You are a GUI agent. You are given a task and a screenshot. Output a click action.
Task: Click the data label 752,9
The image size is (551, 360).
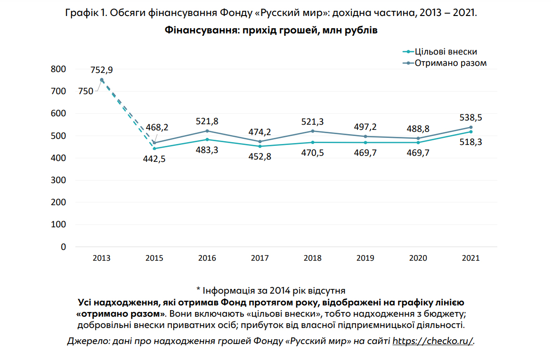102,70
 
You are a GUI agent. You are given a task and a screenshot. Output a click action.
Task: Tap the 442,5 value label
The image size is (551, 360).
154,159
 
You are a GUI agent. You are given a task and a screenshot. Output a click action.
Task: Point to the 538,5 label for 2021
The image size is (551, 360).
471,118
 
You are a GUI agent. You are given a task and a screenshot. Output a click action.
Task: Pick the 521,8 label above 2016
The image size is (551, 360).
207,121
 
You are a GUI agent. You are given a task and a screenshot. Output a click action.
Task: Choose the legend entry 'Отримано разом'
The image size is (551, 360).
450,63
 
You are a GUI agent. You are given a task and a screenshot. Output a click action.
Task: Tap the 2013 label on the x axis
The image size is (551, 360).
102,258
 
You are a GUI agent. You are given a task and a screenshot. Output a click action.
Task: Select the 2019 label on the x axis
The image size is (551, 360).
365,258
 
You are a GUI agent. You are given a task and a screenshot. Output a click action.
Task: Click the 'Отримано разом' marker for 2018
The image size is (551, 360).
313,131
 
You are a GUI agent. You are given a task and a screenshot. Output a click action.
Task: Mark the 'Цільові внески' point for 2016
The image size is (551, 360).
207,139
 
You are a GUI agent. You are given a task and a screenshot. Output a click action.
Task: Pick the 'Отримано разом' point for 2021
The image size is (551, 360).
471,127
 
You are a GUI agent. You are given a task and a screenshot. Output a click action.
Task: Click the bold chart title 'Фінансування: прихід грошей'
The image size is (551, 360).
271,31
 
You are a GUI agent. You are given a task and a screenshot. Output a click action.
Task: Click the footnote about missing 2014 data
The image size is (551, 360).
271,290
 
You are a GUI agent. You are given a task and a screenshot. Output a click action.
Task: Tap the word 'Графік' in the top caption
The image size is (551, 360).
79,13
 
